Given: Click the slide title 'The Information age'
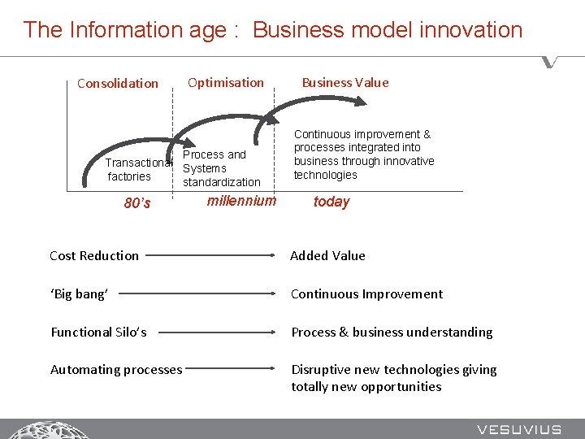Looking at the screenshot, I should [272, 30].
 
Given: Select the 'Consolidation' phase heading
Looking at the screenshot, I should [118, 83].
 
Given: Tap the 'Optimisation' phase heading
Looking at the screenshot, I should [226, 82].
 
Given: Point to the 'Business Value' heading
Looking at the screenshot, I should [345, 82].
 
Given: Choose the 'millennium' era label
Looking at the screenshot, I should [241, 201].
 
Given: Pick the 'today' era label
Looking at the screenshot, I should [331, 202].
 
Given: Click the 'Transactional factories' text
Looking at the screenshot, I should [135, 169].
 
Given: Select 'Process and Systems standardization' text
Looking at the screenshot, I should [221, 168].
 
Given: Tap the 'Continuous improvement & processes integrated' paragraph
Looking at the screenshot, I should [363, 154].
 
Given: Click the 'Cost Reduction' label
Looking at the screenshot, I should [94, 255].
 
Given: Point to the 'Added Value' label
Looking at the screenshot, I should [327, 255].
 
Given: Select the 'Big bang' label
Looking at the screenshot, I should [79, 293].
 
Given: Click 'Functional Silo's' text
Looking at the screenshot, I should [98, 332].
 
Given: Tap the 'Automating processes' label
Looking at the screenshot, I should [116, 370].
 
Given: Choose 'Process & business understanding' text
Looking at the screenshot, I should [392, 332].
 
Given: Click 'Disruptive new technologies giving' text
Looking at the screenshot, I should [394, 370].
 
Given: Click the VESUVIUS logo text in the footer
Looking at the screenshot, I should [519, 428].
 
